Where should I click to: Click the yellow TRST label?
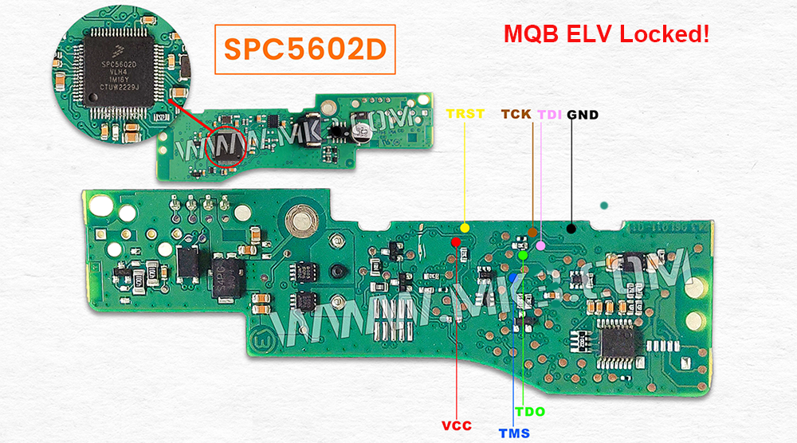(x=465, y=114)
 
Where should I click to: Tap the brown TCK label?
(x=516, y=114)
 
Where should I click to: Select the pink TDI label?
(x=550, y=114)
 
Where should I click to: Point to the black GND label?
(x=583, y=114)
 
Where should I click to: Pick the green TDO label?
(x=530, y=411)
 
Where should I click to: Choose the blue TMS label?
(x=514, y=433)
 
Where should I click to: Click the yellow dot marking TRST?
(x=465, y=228)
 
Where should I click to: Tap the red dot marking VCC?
(x=456, y=241)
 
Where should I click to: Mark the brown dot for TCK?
(x=532, y=233)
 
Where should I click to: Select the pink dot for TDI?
(x=541, y=245)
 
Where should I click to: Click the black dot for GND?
(x=571, y=229)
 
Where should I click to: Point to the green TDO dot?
(x=522, y=256)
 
